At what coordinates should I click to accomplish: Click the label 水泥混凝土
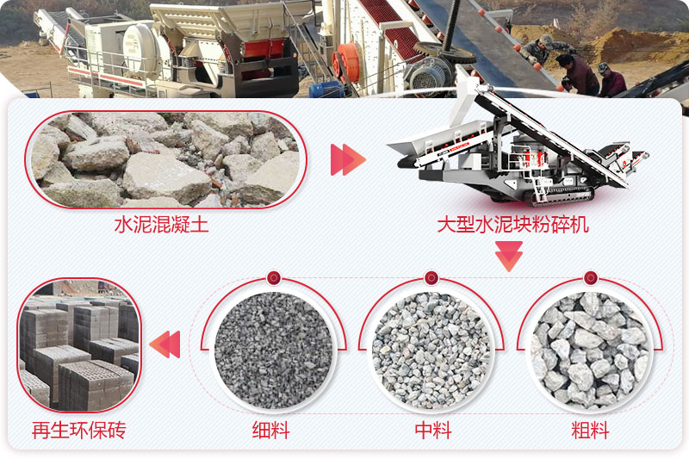click(161, 226)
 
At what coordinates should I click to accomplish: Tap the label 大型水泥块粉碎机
click(512, 226)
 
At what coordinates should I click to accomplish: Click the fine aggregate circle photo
click(273, 349)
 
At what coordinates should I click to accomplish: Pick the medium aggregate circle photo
click(431, 349)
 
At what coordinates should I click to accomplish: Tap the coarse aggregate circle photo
click(590, 349)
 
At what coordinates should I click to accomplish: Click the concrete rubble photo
click(164, 160)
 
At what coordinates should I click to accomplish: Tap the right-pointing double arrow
click(348, 160)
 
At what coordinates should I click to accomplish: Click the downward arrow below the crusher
click(509, 256)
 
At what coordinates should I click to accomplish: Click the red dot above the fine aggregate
click(273, 278)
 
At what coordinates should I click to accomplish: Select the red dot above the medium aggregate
click(431, 278)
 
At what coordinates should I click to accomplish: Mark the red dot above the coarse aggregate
click(590, 278)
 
